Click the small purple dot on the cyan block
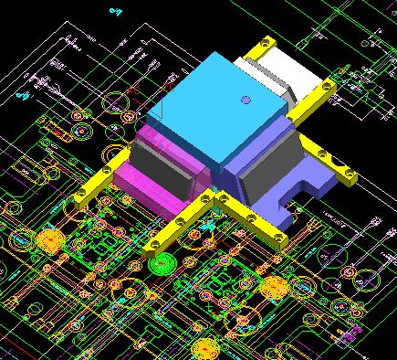point(244,100)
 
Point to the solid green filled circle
point(161,265)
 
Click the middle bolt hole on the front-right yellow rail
point(248,217)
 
